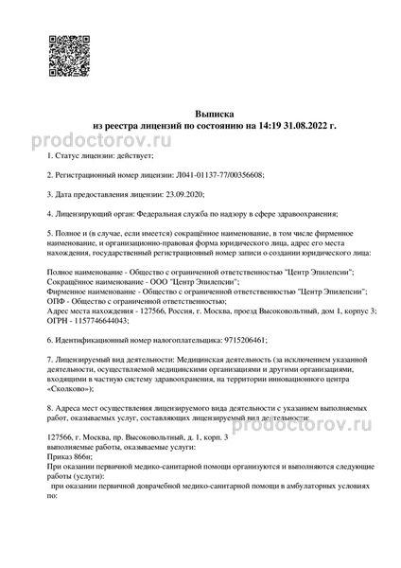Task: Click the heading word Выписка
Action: pyautogui.click(x=200, y=112)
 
